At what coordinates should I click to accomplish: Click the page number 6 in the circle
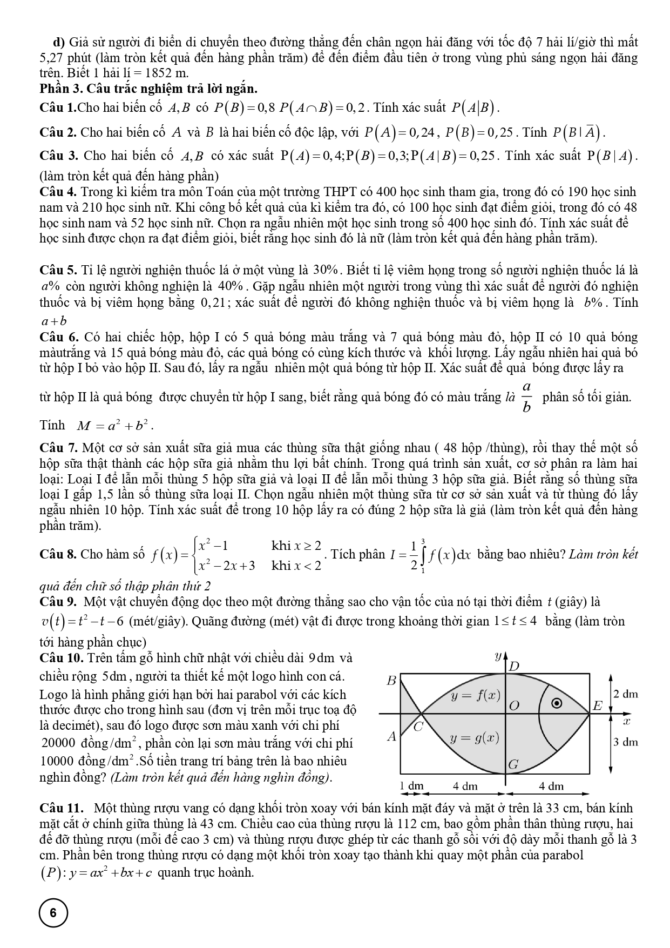[x=53, y=913]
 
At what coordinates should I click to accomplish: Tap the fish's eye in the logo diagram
[x=558, y=703]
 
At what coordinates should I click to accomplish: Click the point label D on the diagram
[x=515, y=666]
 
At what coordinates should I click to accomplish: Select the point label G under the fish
[x=513, y=764]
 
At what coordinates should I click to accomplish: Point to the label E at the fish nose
[x=597, y=705]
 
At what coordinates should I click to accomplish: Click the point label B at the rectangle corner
[x=392, y=681]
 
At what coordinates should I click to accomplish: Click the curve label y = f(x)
[x=476, y=695]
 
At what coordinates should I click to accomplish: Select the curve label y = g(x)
[x=475, y=738]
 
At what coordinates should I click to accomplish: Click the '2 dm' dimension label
[x=626, y=694]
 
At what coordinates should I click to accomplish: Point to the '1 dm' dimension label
[x=411, y=786]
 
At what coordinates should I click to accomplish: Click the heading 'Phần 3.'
[x=60, y=89]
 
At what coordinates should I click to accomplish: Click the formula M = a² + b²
[x=114, y=426]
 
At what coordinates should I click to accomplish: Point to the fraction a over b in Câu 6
[x=527, y=397]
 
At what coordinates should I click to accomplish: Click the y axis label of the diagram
[x=497, y=657]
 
